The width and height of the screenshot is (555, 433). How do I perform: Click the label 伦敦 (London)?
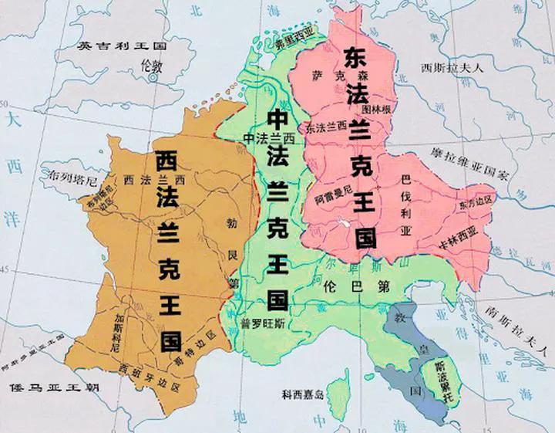tap(154, 67)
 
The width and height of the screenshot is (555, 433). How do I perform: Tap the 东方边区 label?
tap(472, 204)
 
